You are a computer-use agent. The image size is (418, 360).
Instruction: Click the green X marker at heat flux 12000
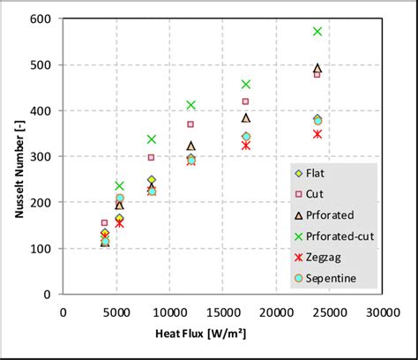pyautogui.click(x=190, y=105)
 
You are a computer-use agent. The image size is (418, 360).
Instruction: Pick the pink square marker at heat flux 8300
pyautogui.click(x=151, y=158)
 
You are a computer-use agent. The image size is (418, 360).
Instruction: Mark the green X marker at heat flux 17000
pyautogui.click(x=246, y=85)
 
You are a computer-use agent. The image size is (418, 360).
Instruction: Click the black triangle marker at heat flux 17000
pyautogui.click(x=246, y=117)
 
